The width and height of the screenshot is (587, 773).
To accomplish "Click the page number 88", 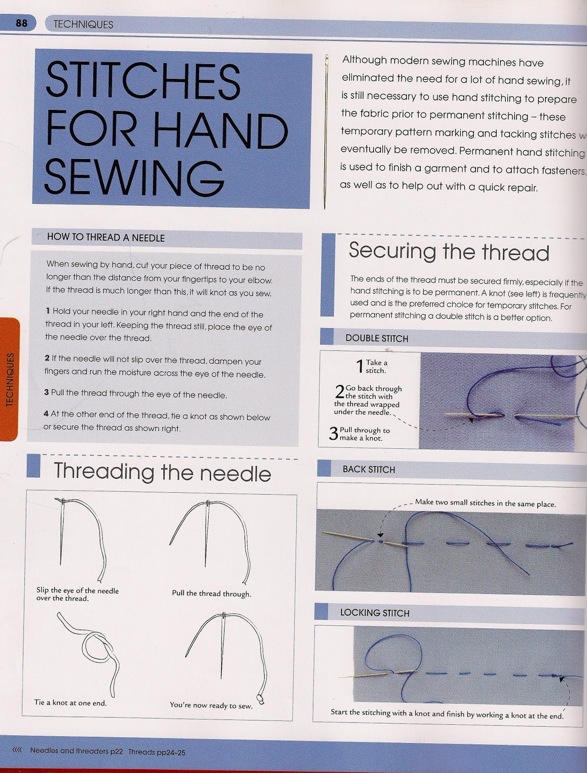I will (x=21, y=23).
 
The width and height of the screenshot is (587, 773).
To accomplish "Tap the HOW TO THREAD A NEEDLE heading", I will (x=106, y=238).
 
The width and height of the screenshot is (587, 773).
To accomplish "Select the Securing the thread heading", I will (x=449, y=251).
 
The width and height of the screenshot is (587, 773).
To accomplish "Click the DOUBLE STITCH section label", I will (x=376, y=339).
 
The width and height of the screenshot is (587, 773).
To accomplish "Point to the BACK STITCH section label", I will (x=369, y=470).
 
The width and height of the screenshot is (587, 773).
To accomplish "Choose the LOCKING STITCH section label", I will (x=374, y=613).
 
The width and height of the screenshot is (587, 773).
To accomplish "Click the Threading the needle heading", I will (x=162, y=472).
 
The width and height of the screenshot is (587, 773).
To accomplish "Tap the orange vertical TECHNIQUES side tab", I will (x=9, y=379).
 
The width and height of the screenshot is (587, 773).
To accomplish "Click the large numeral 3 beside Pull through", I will (x=333, y=433).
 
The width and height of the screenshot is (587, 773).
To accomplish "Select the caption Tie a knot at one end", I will (x=71, y=702).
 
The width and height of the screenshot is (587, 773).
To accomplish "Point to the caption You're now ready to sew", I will (x=211, y=705).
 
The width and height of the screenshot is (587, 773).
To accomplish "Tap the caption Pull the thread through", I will (x=211, y=593).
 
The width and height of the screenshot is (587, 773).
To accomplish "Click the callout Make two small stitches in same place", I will (x=485, y=503).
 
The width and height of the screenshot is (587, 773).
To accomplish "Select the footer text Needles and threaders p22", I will (x=76, y=751).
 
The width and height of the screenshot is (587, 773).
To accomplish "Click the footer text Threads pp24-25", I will (x=157, y=752).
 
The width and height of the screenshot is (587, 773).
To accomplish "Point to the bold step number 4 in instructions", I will (x=46, y=414).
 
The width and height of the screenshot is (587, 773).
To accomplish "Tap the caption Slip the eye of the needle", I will (x=77, y=594).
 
